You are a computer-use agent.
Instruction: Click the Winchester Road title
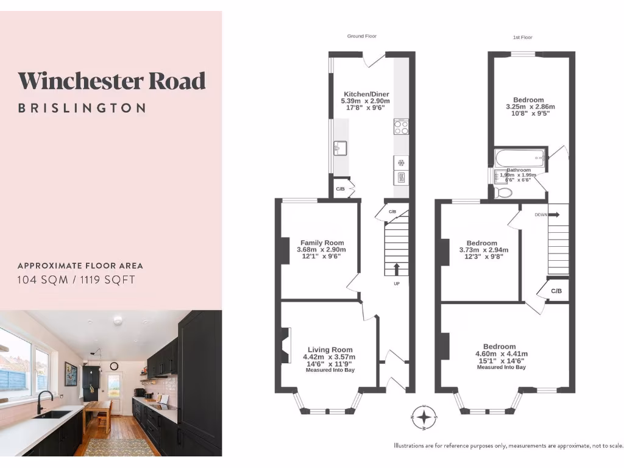[112, 80]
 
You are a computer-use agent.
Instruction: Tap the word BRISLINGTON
[82, 108]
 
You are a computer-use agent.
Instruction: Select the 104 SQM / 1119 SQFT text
[76, 280]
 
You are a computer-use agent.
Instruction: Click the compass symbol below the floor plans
[424, 417]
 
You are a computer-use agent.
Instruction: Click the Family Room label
[322, 243]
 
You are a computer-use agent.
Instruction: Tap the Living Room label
[330, 350]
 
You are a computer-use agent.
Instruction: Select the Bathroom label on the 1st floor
[519, 170]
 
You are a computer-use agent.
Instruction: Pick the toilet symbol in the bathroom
[504, 193]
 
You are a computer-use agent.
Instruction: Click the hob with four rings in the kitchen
[401, 127]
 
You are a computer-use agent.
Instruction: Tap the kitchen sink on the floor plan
[340, 147]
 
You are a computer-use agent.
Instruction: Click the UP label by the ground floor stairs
[397, 284]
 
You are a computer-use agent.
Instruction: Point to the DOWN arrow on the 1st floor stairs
[555, 214]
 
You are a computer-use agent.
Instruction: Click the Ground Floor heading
[360, 37]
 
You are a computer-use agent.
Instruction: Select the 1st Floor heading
[522, 37]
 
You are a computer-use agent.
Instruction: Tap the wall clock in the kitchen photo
[114, 366]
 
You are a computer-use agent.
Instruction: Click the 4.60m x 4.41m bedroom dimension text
[501, 354]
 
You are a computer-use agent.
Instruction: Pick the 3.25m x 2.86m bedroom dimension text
[530, 107]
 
